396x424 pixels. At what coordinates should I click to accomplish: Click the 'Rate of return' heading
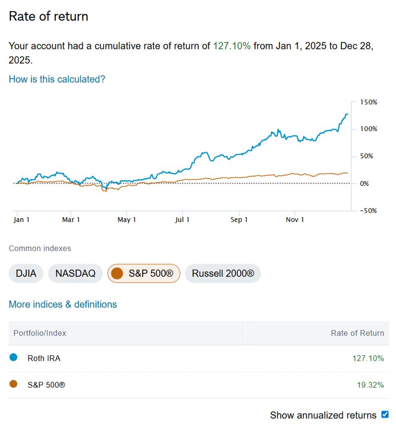point(48,16)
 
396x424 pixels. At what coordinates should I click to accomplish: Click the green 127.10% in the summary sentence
point(231,46)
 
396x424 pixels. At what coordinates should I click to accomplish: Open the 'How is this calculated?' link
point(57,79)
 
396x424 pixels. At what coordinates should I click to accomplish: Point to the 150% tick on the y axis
point(369,102)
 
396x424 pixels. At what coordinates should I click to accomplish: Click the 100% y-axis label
point(369,129)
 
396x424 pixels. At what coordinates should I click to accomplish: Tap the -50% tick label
point(369,211)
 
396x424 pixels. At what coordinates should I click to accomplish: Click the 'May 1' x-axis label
point(127,220)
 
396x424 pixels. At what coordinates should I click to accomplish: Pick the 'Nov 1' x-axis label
point(295,220)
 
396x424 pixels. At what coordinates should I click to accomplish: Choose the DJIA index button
point(26,273)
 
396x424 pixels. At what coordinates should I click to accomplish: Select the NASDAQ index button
point(75,273)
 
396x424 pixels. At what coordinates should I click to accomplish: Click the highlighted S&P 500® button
point(144,273)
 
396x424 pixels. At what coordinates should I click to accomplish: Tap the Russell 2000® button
point(223,273)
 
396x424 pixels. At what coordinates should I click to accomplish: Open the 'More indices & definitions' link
point(63,304)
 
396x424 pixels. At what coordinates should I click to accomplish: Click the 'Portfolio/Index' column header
point(40,333)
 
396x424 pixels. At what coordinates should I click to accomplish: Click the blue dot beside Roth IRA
point(13,357)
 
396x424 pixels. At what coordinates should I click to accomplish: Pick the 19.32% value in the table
point(370,385)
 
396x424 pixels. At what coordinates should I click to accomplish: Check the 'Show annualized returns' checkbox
point(385,414)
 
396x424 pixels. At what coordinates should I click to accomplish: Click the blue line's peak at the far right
point(346,114)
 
